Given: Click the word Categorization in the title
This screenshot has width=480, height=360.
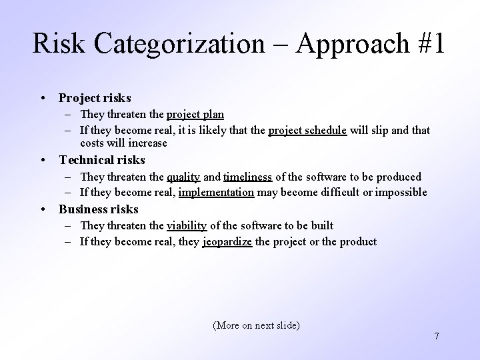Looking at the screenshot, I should click(x=179, y=44).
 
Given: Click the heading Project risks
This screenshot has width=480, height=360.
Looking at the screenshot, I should click(x=95, y=98).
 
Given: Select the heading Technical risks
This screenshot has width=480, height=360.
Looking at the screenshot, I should click(x=102, y=160).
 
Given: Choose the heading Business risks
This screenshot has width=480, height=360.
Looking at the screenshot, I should click(x=99, y=209).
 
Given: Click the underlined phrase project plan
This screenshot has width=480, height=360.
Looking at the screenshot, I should click(x=195, y=115).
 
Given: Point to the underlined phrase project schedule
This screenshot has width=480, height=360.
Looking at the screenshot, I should click(x=307, y=131).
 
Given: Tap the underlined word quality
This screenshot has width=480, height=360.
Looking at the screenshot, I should click(x=183, y=177).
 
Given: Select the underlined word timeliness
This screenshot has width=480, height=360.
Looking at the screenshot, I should click(x=247, y=177).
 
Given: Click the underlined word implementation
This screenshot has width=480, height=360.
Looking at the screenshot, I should click(x=216, y=193).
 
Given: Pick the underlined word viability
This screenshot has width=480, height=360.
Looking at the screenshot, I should click(x=186, y=226).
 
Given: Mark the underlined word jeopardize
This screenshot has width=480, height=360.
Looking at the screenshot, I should click(x=227, y=242).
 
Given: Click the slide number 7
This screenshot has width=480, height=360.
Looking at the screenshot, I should click(x=437, y=336).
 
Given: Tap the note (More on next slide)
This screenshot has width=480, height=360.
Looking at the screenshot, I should click(x=256, y=325).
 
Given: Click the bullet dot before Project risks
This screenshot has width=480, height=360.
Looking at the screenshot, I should click(x=43, y=99).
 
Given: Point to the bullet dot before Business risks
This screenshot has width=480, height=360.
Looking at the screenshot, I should click(x=43, y=210).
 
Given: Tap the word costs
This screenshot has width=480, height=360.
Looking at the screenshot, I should click(x=92, y=143).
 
